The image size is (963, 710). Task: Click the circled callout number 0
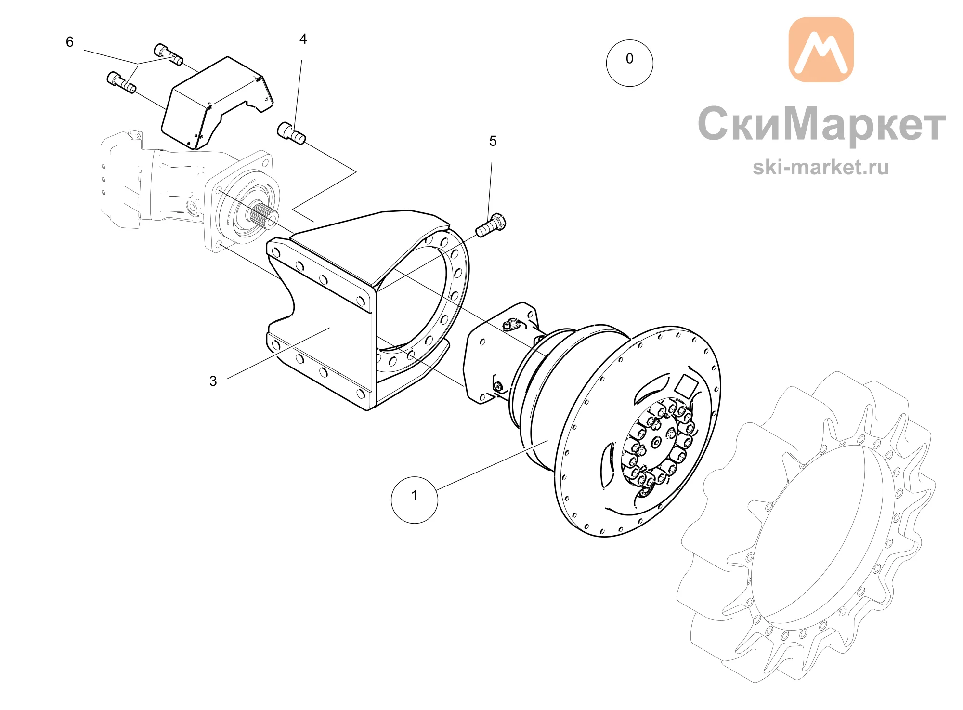[629, 63]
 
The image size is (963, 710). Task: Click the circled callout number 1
[415, 500]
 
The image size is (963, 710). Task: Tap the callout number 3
[213, 381]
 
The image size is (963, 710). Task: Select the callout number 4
[303, 39]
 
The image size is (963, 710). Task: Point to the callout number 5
[493, 141]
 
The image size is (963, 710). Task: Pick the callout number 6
[70, 42]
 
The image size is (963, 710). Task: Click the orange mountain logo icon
[821, 50]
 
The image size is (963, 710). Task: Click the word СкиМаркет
[821, 124]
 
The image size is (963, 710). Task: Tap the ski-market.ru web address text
[820, 167]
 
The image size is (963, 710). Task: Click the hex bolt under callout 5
[491, 225]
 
